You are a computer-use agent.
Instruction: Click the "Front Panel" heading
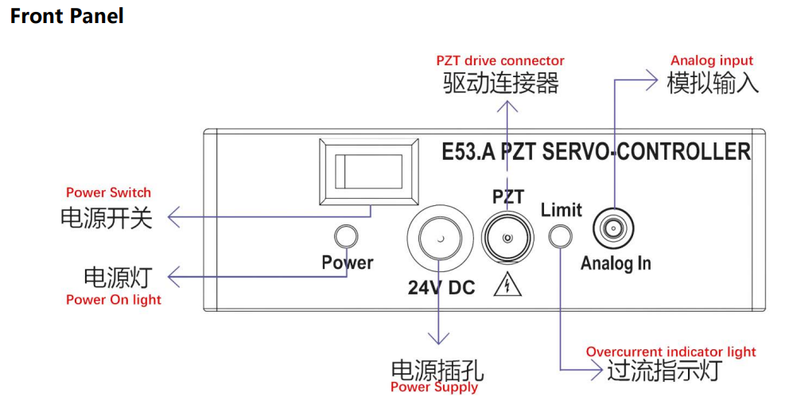67,16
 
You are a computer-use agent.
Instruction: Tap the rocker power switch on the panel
369,172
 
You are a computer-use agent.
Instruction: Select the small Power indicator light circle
347,236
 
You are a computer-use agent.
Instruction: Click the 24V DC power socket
440,239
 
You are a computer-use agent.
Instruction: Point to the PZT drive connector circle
507,237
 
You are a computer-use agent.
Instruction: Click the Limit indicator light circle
561,236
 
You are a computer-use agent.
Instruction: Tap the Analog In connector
613,229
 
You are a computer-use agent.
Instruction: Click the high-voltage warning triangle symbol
507,285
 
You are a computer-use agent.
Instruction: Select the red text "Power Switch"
109,192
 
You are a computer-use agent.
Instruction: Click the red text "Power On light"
114,300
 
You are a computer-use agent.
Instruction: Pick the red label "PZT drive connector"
500,60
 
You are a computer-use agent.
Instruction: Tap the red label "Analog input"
712,60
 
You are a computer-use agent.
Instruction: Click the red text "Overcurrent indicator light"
671,352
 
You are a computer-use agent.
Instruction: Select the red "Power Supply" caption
434,387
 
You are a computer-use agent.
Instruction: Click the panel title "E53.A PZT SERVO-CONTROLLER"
597,152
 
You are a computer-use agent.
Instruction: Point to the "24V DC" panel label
441,288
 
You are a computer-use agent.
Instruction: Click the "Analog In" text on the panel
616,263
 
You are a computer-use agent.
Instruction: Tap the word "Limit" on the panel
562,209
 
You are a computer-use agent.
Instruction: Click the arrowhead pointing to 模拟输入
652,80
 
